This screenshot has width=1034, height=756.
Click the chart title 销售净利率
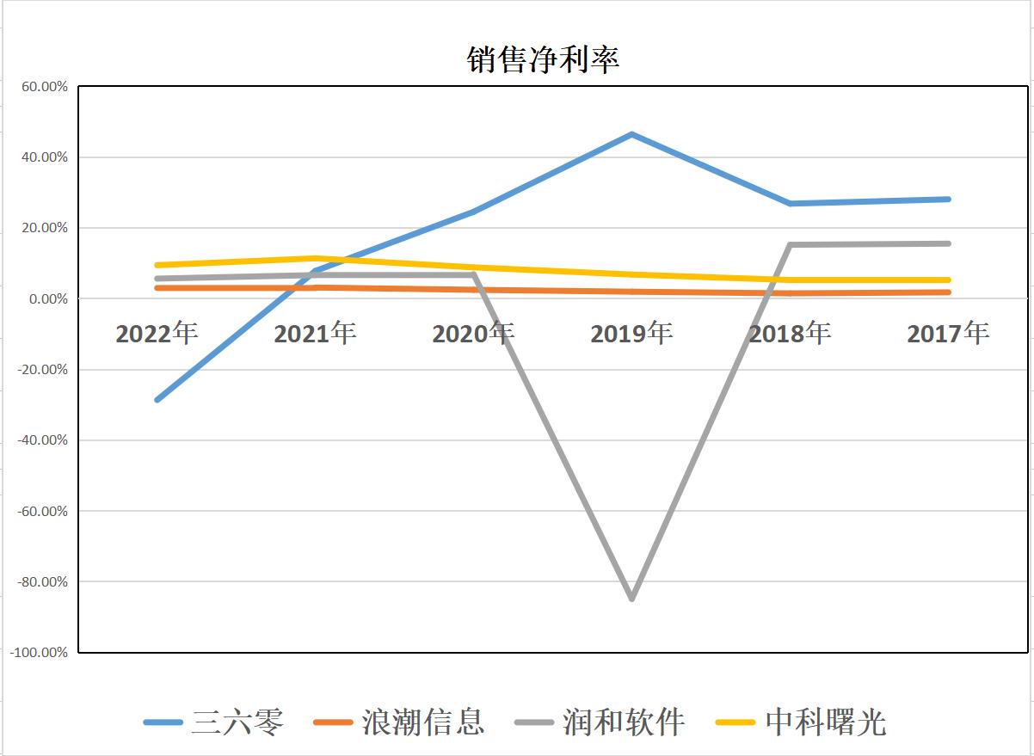[543, 59]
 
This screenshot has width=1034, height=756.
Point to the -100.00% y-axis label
[39, 652]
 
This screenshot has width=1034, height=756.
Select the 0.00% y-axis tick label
[44, 298]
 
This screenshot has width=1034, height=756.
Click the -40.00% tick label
[40, 440]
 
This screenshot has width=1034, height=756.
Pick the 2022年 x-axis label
[157, 333]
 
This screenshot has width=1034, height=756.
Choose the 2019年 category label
[631, 333]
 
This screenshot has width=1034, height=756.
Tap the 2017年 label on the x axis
[948, 333]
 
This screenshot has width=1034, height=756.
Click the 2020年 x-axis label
[473, 333]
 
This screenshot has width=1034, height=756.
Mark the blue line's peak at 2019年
[631, 134]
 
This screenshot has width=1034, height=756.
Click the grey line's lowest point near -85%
[631, 598]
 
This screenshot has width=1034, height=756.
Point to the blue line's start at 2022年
[157, 400]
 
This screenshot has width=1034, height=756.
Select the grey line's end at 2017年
[948, 243]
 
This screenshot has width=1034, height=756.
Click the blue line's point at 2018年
[790, 204]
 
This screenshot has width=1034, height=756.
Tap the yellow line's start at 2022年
[157, 265]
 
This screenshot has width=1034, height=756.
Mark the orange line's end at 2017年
[948, 292]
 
